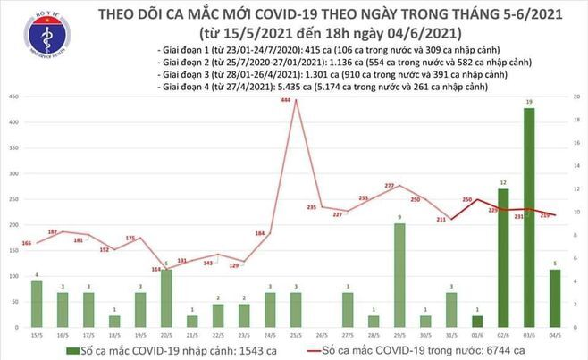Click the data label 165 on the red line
click(x=26, y=243)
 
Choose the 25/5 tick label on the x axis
click(x=296, y=337)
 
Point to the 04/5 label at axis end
click(x=557, y=337)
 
